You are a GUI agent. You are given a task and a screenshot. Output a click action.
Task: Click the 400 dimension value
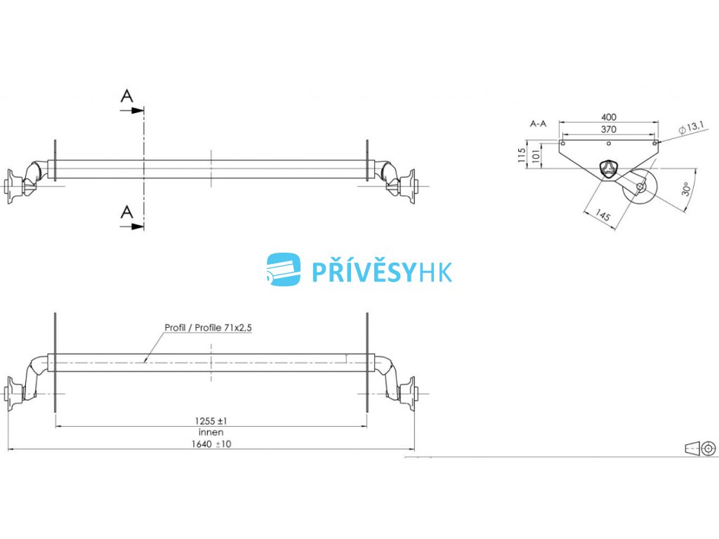point(609,117)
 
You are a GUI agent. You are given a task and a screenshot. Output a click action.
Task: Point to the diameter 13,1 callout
point(692,127)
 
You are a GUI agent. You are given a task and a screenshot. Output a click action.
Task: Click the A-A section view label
point(539,124)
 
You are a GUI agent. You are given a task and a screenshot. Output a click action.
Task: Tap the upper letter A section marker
point(126,96)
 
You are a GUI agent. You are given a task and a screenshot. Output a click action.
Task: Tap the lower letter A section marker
point(126,211)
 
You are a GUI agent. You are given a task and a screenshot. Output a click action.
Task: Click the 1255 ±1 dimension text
point(211,421)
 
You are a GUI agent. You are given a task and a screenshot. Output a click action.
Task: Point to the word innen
point(211,432)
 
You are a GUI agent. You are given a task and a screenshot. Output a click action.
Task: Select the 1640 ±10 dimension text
point(211,444)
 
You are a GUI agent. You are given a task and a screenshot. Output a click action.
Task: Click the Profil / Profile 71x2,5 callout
point(208,327)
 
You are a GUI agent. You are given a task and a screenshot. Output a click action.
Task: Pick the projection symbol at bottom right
point(699,448)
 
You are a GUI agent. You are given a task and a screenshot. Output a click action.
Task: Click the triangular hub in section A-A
point(608,169)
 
